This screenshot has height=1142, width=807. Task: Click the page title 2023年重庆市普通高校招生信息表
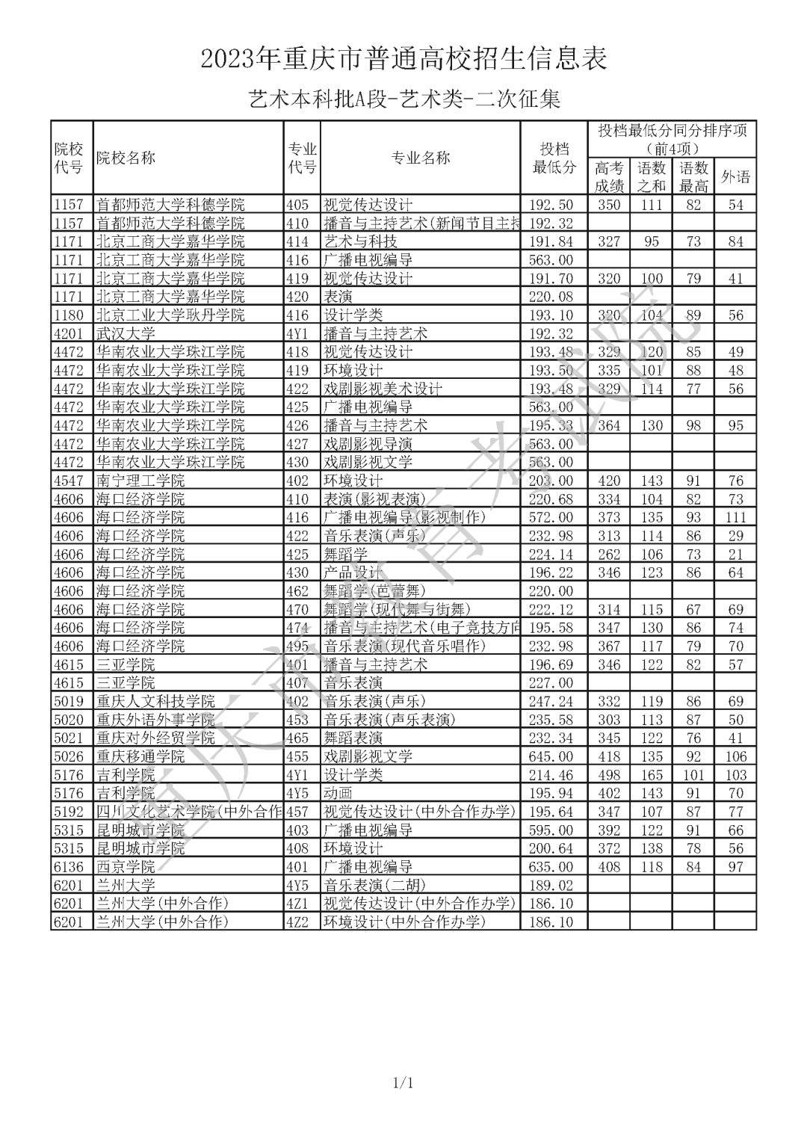[x=403, y=58]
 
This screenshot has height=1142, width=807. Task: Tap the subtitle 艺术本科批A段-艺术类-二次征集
[x=403, y=99]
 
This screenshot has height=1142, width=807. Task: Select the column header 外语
[x=735, y=177]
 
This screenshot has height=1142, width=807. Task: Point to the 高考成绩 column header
[x=609, y=177]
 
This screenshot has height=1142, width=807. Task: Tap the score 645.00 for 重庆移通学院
[x=551, y=756]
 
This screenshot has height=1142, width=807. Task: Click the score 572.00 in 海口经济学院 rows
[x=551, y=517]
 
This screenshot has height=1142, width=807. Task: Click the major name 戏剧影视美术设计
[x=383, y=389]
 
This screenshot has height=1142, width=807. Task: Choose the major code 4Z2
[x=297, y=922]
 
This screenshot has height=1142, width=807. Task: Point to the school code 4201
[x=69, y=333]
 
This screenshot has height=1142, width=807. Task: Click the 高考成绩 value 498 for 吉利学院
[x=609, y=775]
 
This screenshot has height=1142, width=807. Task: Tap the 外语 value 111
[x=735, y=517]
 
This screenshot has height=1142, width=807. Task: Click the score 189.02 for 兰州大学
[x=551, y=886]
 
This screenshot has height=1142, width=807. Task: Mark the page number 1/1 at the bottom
[x=403, y=1083]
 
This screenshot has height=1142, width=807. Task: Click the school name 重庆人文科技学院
[x=155, y=701]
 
